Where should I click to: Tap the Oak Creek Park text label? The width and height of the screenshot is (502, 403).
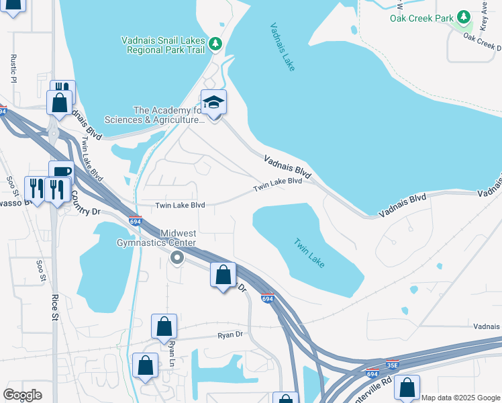[x=421, y=17]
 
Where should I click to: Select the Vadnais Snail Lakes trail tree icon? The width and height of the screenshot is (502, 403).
[x=215, y=44]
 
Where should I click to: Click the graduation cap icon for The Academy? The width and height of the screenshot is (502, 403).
[x=214, y=103]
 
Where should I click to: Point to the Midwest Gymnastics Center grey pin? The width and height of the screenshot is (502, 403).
[x=177, y=257]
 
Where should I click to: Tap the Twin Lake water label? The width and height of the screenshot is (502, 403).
[x=309, y=253]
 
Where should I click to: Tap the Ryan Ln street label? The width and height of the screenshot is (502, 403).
[x=172, y=350]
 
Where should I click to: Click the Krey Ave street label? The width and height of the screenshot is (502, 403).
[x=483, y=15]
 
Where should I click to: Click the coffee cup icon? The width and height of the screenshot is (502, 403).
[x=61, y=172]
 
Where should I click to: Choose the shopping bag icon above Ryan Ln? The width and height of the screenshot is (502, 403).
[x=164, y=327]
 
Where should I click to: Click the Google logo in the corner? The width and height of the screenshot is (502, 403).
[x=22, y=395]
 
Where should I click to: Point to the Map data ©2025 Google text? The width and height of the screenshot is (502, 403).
[x=460, y=398]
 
